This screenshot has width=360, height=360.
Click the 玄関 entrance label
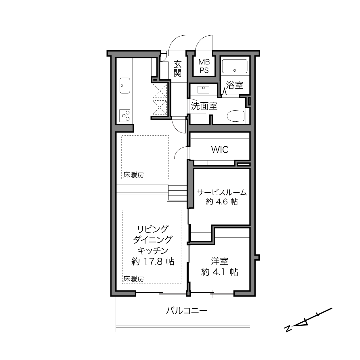pos(177,68)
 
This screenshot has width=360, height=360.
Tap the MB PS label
pos(204,66)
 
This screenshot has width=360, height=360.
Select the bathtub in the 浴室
pos(235,67)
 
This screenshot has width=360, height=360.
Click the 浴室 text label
pos(234,85)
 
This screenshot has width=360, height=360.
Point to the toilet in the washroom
pos(235,116)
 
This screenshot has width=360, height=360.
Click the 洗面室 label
pos(204,106)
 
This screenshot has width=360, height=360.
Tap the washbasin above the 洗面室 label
pos(204,89)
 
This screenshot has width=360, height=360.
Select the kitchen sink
pos(125,85)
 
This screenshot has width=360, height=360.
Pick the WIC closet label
pos(220,150)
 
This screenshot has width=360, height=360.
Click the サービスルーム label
pos(222,192)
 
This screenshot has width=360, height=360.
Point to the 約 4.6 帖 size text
pos(222,202)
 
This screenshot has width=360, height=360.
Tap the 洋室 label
pos(219,261)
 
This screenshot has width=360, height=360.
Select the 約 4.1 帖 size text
pos(219,272)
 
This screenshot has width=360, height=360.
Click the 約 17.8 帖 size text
pos(153,261)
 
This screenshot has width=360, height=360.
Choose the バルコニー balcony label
pos(186,311)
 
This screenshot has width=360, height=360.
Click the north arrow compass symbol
pos(308,320)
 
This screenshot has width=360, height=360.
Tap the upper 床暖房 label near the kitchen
pos(134,175)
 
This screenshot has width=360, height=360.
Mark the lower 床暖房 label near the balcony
pos(134,279)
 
